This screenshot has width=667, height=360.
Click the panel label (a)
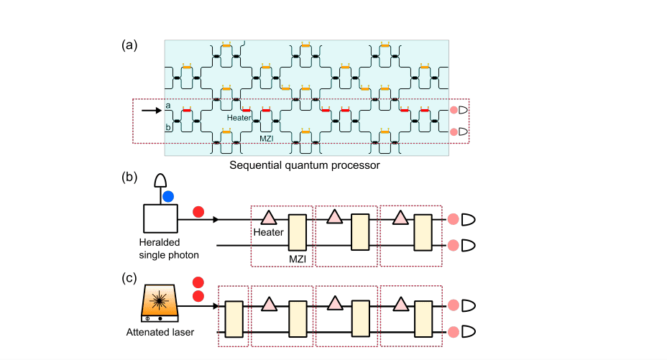(129, 45)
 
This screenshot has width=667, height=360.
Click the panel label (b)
(129, 177)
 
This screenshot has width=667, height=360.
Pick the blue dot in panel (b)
(167, 195)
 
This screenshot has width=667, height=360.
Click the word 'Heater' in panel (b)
(267, 232)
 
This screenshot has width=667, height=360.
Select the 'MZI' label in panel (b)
(295, 257)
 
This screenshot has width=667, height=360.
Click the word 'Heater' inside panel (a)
(239, 117)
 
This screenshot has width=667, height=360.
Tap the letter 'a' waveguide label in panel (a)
(167, 106)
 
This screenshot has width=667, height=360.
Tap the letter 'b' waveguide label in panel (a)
(167, 127)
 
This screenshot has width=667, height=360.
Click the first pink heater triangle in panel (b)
(269, 216)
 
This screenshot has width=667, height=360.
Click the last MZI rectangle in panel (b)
(423, 231)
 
